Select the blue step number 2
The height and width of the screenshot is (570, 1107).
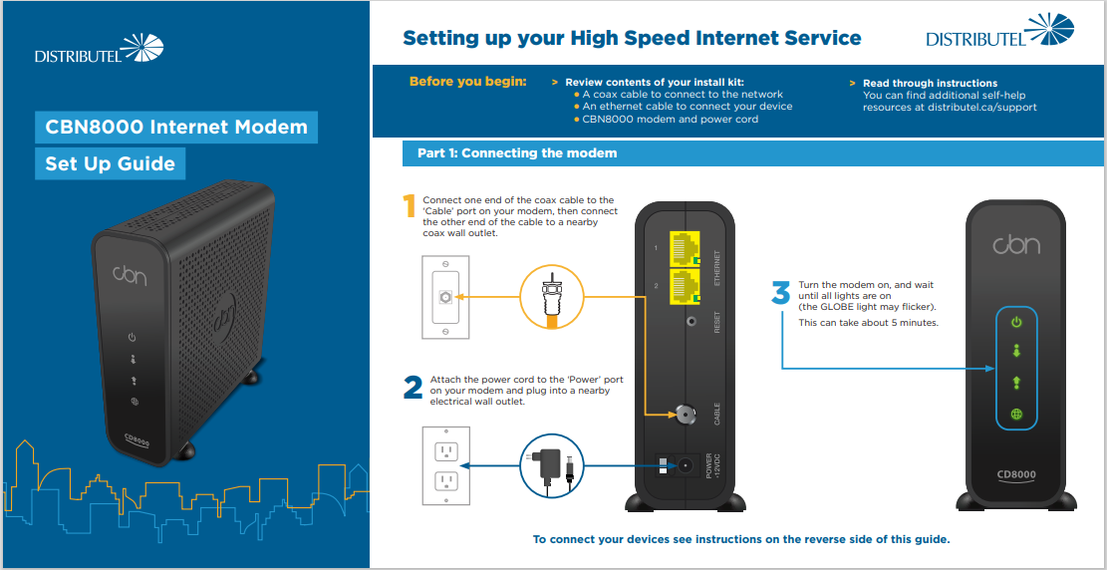[413, 388]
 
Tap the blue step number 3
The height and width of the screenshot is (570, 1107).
[781, 292]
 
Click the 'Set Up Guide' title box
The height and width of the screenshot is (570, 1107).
[110, 163]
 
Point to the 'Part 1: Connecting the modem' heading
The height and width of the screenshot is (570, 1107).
[517, 153]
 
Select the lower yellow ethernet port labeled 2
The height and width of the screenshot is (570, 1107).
[684, 285]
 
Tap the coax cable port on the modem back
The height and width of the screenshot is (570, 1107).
[684, 412]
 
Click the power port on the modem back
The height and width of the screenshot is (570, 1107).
[685, 465]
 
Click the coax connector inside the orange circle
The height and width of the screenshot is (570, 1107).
[548, 297]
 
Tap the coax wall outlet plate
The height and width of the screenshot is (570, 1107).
[445, 297]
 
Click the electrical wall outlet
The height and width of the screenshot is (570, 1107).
[445, 465]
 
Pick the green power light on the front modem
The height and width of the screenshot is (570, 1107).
[1016, 322]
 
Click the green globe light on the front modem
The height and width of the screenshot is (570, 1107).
[1016, 415]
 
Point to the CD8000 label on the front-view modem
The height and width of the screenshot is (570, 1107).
[1016, 474]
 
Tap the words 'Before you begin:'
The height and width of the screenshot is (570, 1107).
[467, 82]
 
